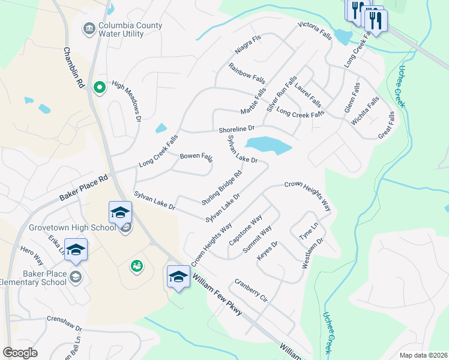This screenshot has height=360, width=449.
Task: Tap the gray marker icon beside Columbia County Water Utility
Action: point(89,28)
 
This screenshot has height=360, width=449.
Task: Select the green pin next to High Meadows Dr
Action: point(100,88)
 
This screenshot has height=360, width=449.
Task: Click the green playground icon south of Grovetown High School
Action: point(137,265)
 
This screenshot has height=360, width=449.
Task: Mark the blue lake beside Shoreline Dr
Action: point(268,145)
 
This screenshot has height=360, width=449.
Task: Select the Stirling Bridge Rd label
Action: point(222,187)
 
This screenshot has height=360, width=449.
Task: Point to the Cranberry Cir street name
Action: point(251,290)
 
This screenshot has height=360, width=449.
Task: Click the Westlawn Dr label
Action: point(313,253)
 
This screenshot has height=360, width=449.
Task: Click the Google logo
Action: point(20,353)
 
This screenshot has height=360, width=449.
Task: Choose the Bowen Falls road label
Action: point(196,157)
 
